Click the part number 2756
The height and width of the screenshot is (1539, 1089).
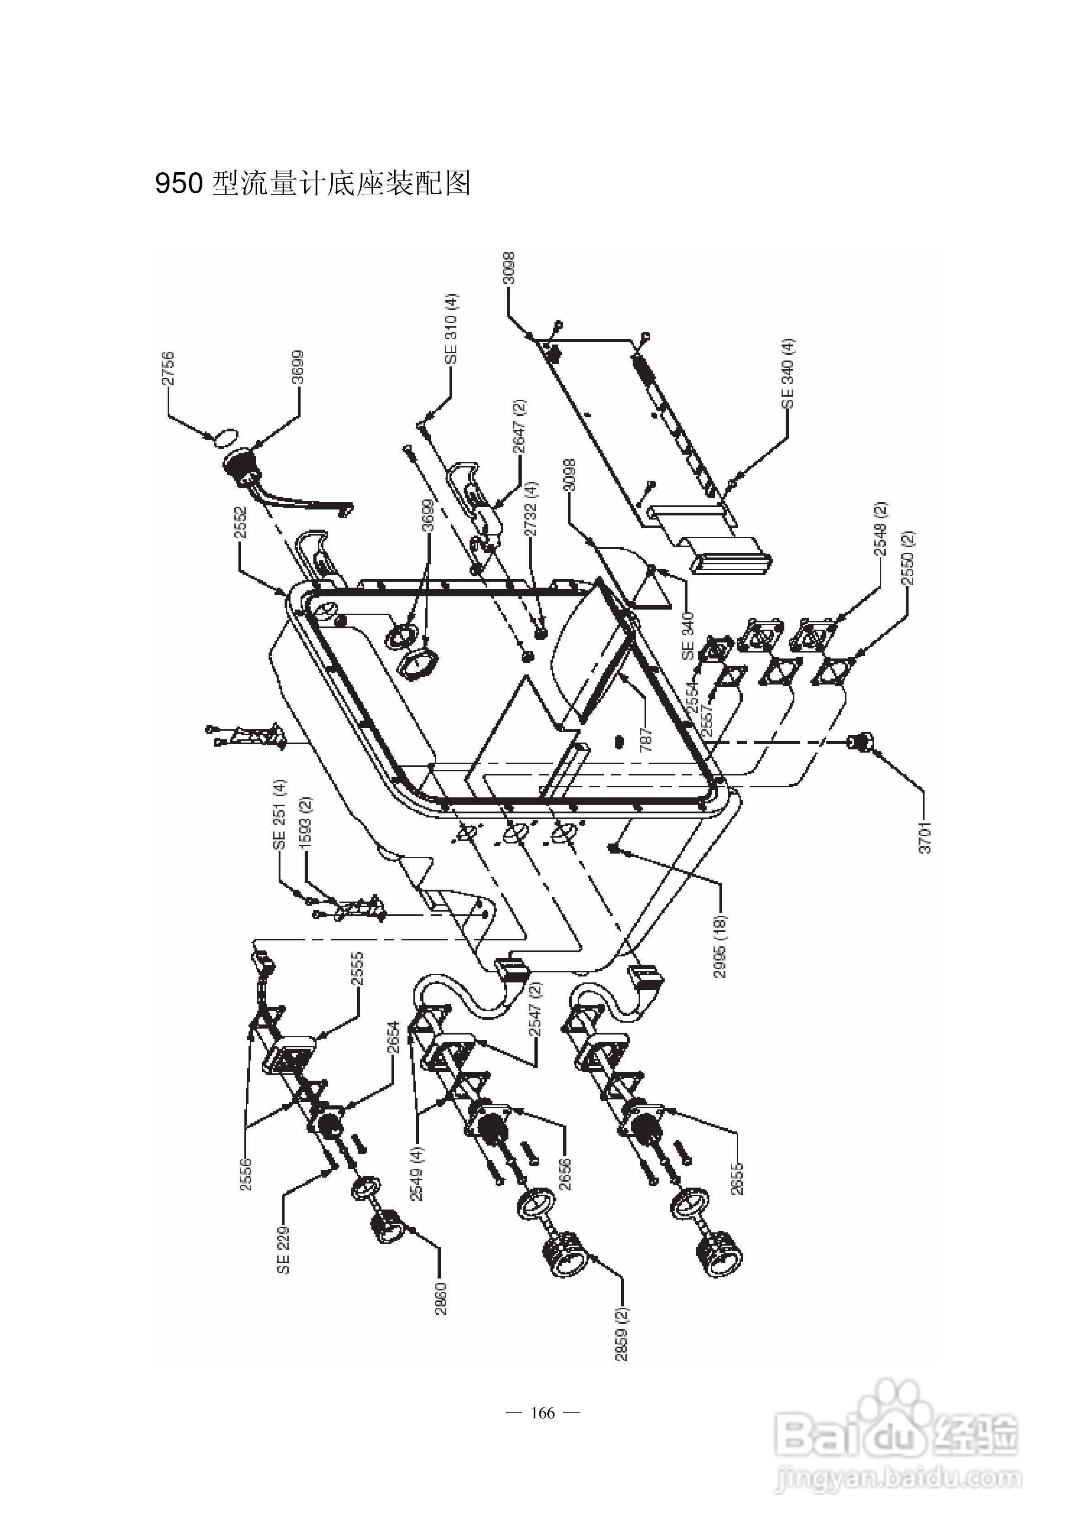click(168, 368)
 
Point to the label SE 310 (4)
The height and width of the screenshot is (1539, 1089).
click(451, 329)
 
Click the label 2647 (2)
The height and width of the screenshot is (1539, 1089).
click(520, 426)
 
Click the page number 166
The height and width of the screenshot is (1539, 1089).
click(543, 1413)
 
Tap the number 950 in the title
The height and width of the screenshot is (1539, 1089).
click(178, 183)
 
